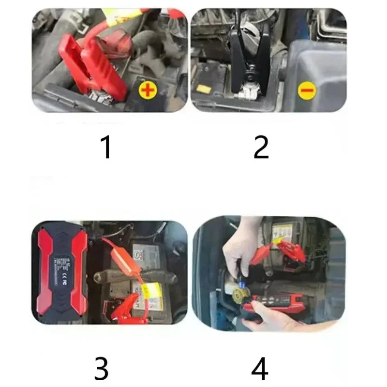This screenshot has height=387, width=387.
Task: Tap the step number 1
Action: point(106,148)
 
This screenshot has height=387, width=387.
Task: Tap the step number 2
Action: point(261,148)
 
